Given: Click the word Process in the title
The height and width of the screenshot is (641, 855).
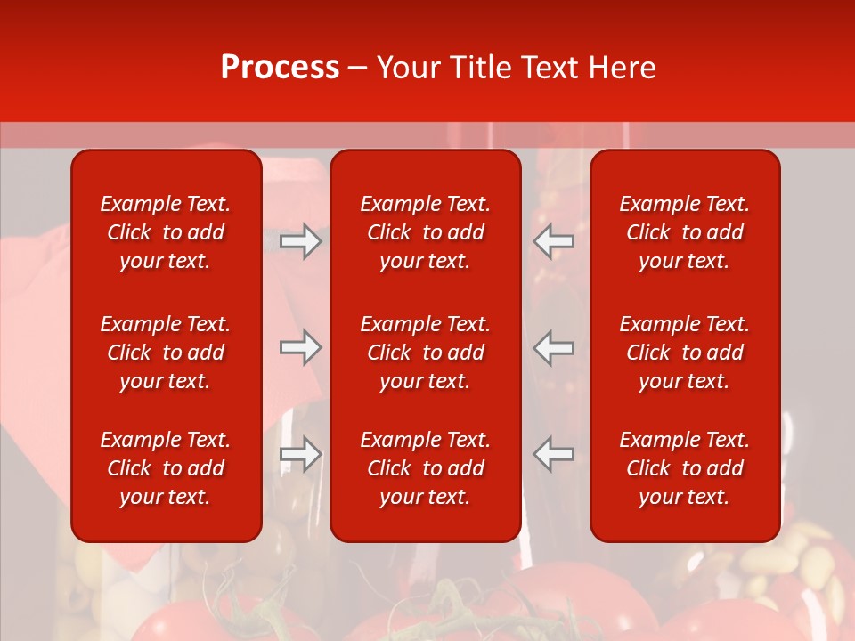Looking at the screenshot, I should coord(280,68).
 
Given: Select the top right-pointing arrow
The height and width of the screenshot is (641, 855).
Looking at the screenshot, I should coord(300,241).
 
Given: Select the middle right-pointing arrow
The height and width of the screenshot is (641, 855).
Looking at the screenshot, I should coord(300,347).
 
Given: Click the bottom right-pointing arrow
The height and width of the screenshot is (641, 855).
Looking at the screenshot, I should coord(300,454).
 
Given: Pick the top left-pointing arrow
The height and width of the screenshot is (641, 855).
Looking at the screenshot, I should coord(553,241).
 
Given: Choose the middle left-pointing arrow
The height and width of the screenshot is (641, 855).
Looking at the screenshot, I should coord(553,347).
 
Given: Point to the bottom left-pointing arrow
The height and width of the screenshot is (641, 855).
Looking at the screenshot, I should coord(553,454).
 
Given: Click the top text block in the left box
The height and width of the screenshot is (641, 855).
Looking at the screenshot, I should coord(166,232).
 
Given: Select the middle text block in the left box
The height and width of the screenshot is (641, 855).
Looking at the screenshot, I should coord(166,353).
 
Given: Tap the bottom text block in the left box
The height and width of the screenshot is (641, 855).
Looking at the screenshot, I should coord(166,468).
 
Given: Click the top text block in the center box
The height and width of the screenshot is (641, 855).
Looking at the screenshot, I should coord(425,232).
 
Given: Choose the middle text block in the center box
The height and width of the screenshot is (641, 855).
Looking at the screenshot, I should coord(425,353).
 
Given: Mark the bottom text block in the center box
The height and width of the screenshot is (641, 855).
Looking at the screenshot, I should coord(425,468).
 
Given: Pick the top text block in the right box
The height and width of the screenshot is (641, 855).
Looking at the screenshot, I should coord(684,232).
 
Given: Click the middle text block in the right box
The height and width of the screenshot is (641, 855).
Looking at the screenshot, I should coord(684,353).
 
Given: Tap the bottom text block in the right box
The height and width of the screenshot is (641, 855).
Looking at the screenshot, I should coord(684,468).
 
